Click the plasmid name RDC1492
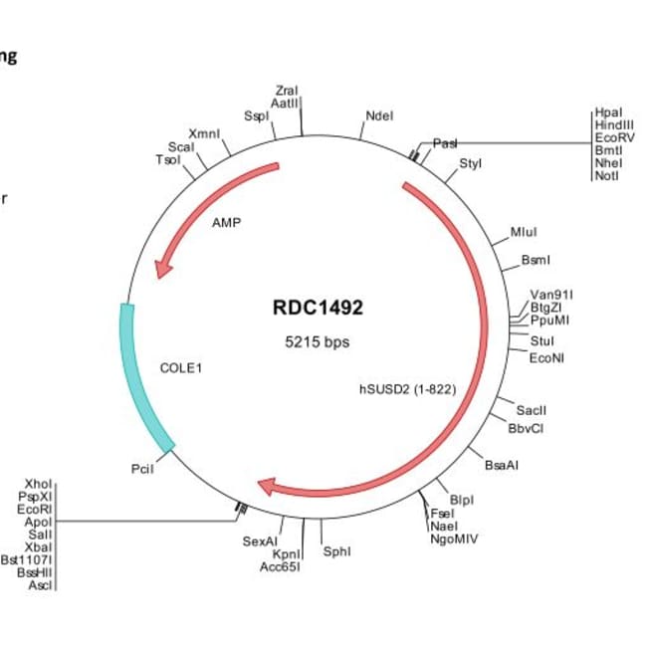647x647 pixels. click(x=318, y=308)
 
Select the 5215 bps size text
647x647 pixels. click(x=318, y=341)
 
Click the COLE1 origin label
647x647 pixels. click(x=181, y=367)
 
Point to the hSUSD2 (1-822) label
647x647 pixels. click(x=407, y=388)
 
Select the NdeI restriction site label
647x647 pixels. click(x=379, y=115)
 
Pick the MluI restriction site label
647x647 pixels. click(x=524, y=232)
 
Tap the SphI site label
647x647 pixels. click(x=336, y=550)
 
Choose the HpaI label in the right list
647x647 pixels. click(x=606, y=113)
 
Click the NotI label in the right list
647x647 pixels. click(x=606, y=176)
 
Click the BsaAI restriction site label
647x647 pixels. click(x=501, y=465)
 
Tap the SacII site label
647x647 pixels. click(x=532, y=410)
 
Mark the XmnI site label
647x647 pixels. click(x=204, y=133)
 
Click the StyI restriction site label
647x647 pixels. click(x=470, y=162)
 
